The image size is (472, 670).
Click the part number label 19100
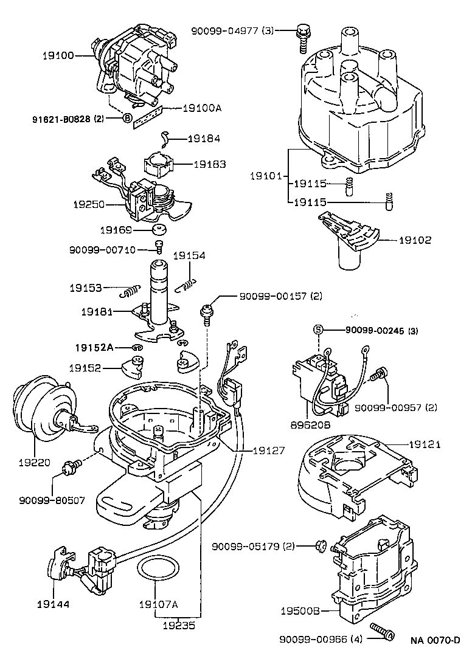click(58, 55)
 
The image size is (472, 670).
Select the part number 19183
click(210, 164)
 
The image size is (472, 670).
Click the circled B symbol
click(128, 118)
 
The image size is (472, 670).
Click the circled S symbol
click(318, 330)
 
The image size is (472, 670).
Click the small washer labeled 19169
click(161, 230)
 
